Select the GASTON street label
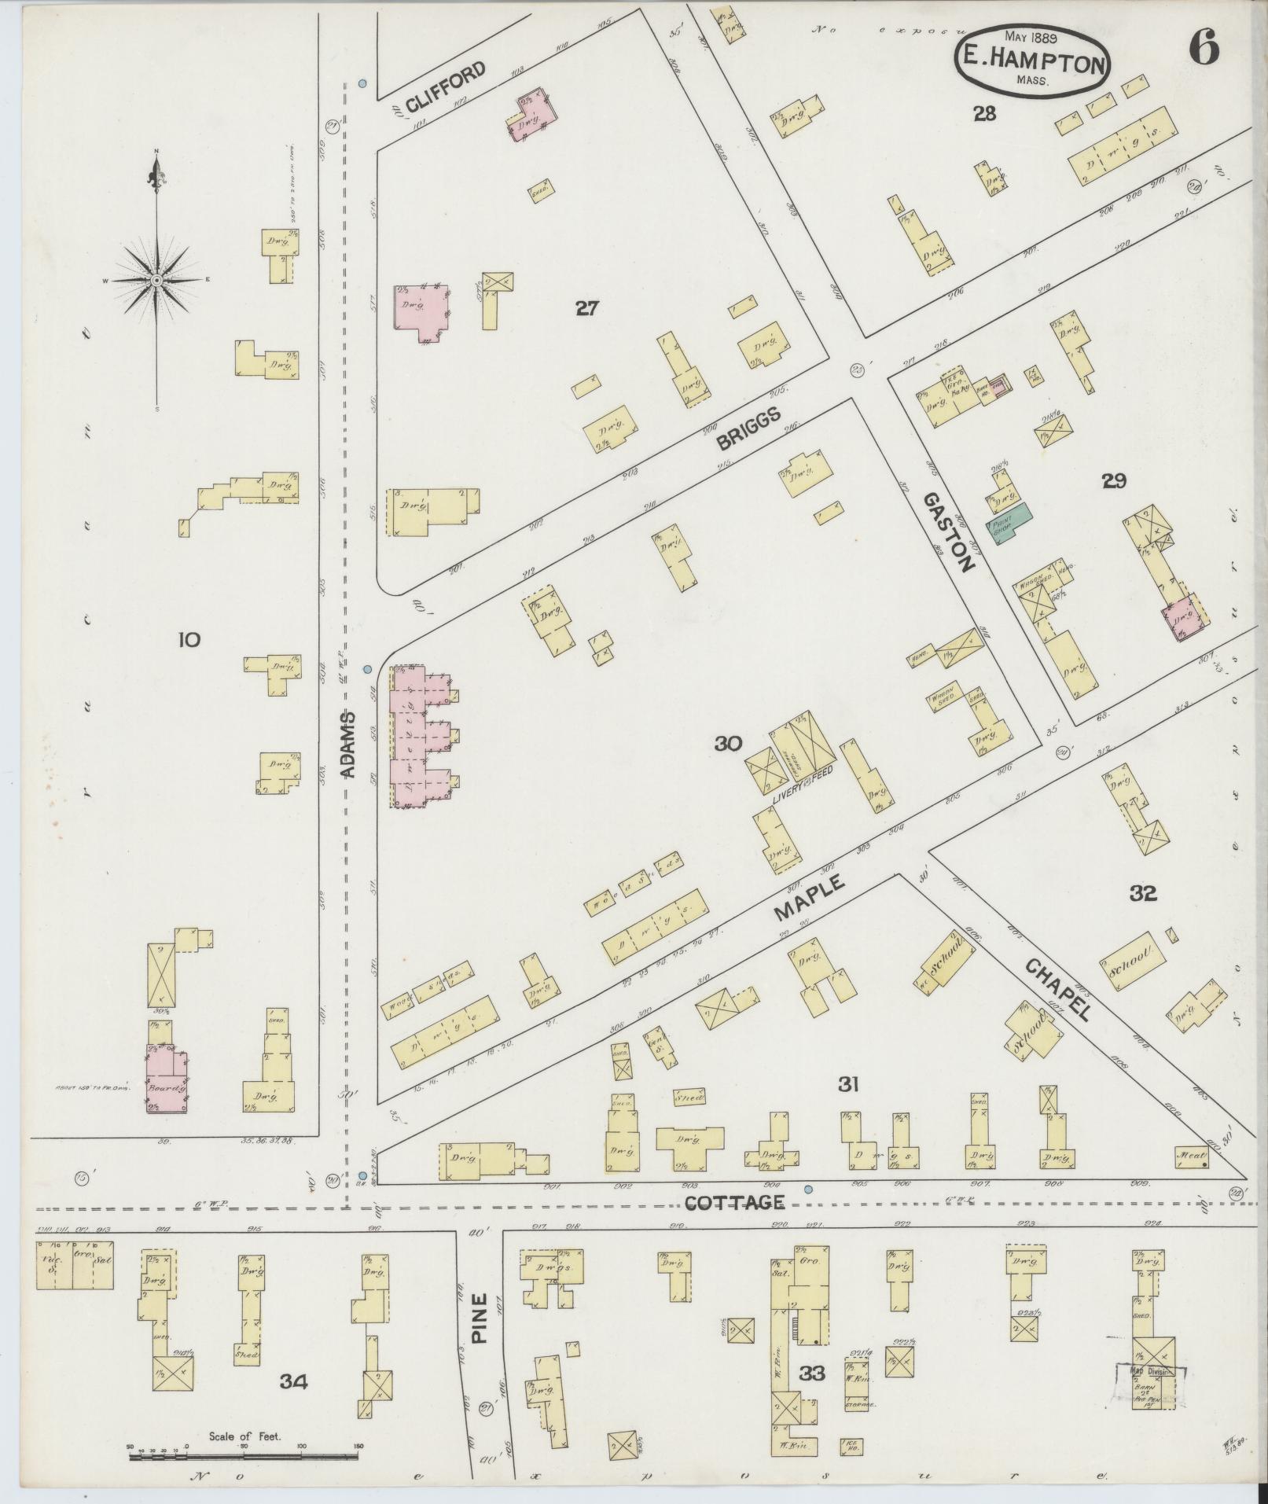[947, 531]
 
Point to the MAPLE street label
[810, 898]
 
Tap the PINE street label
[480, 1318]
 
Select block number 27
[586, 308]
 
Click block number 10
[189, 640]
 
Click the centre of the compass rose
[157, 280]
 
